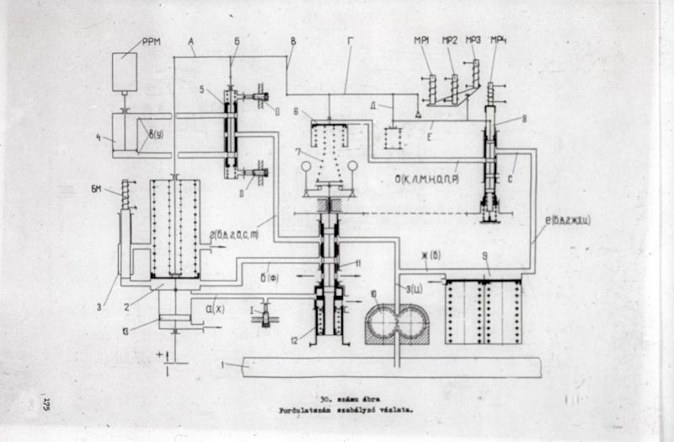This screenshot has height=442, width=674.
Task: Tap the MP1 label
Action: point(423,40)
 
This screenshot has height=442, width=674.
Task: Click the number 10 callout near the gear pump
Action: point(373,294)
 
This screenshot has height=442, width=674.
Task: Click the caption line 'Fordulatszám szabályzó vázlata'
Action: point(347,411)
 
